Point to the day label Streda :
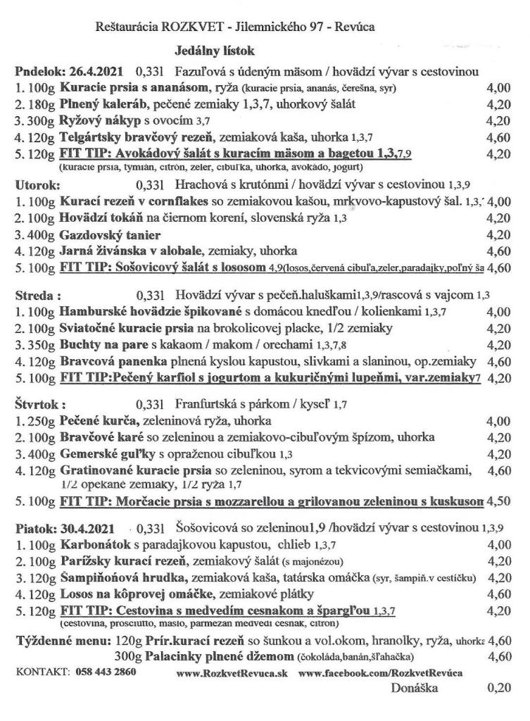(x=35, y=295)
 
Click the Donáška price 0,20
(x=499, y=688)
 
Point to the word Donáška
(x=415, y=688)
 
